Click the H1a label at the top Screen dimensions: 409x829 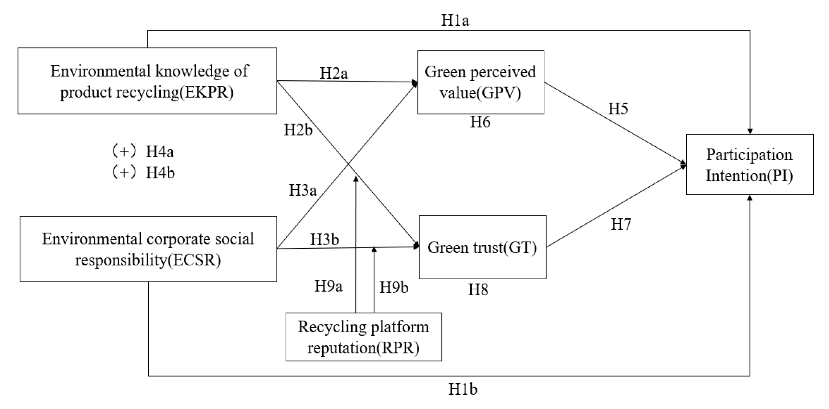[455, 20]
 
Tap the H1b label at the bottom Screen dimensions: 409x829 [463, 389]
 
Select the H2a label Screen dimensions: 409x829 [333, 73]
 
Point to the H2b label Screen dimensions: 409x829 [298, 130]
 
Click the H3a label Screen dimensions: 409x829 [303, 190]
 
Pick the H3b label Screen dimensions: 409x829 [325, 240]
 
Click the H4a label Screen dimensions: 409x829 [159, 152]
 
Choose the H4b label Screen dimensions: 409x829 [160, 173]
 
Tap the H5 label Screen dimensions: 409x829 [618, 109]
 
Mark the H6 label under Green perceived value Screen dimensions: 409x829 [480, 122]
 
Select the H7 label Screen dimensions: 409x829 [621, 225]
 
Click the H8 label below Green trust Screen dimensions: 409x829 [478, 290]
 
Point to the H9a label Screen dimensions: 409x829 [328, 286]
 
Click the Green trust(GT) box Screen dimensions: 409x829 [482, 247]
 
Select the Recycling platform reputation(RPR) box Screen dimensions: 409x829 [364, 337]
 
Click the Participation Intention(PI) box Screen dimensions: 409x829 [749, 165]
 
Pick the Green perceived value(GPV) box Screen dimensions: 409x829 [480, 82]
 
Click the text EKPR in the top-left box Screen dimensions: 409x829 [206, 92]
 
